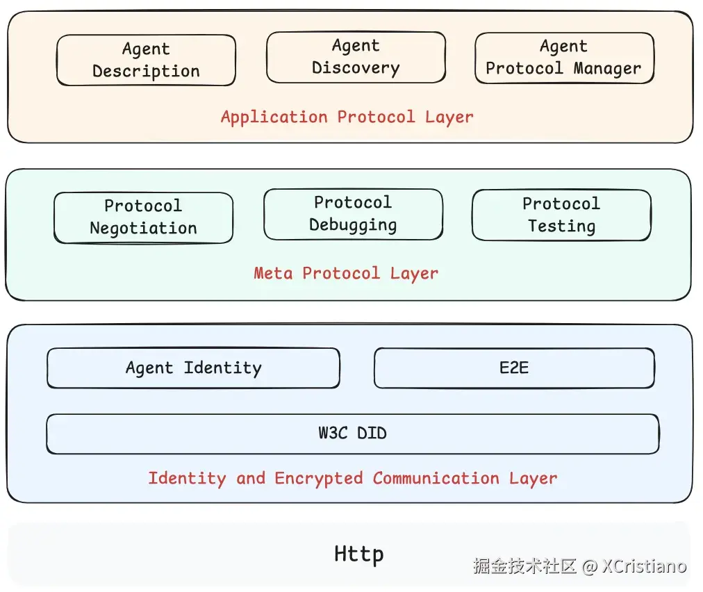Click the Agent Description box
[x=146, y=60]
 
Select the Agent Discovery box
[x=356, y=57]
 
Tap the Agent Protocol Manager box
[x=564, y=58]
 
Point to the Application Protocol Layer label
[x=347, y=117]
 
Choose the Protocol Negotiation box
[x=143, y=217]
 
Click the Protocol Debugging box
[x=353, y=214]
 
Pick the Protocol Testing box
[x=561, y=215]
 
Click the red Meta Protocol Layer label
[x=346, y=273]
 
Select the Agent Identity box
[x=193, y=368]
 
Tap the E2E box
[x=514, y=368]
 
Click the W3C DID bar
[x=352, y=434]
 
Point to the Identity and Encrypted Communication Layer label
[x=352, y=478]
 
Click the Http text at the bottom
[x=358, y=554]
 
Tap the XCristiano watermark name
[x=644, y=566]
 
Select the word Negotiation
[x=143, y=228]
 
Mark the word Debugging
[x=353, y=225]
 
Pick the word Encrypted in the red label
[x=319, y=478]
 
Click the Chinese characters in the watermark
[x=525, y=566]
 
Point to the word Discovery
[x=356, y=68]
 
